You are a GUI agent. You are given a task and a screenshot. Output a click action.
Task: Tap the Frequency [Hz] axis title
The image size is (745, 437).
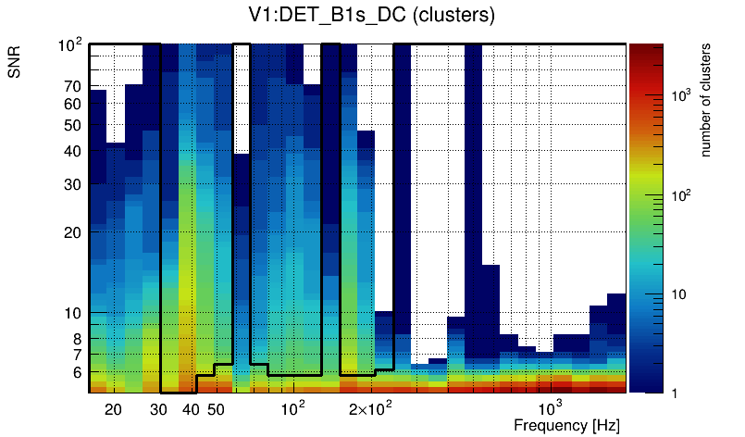(x=565, y=425)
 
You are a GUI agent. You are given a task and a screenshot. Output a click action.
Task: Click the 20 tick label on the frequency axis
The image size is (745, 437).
(x=113, y=409)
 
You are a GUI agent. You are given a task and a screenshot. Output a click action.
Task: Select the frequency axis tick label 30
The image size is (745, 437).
(x=158, y=409)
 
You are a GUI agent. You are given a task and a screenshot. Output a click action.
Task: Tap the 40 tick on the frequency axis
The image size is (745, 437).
(x=191, y=409)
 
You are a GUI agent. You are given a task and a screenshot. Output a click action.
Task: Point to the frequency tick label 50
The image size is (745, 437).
(x=216, y=409)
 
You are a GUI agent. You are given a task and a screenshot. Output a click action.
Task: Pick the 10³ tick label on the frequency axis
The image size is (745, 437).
(x=550, y=408)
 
